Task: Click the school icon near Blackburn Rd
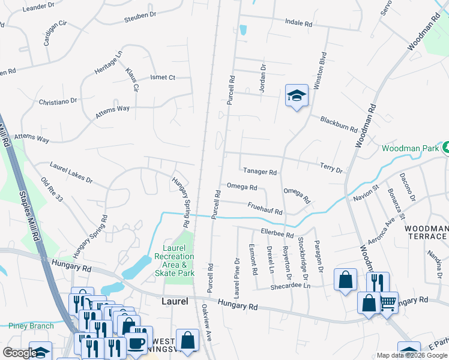(x=296, y=96)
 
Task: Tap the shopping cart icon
(x=388, y=302)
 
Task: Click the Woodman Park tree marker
(x=445, y=147)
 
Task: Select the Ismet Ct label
(x=162, y=77)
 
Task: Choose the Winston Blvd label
(x=319, y=74)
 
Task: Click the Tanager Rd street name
(x=259, y=172)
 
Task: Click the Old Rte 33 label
(x=50, y=191)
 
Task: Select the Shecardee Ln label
(x=291, y=286)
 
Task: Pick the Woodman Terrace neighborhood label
(x=426, y=233)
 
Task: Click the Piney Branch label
(x=31, y=326)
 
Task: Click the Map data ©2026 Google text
(x=412, y=355)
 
